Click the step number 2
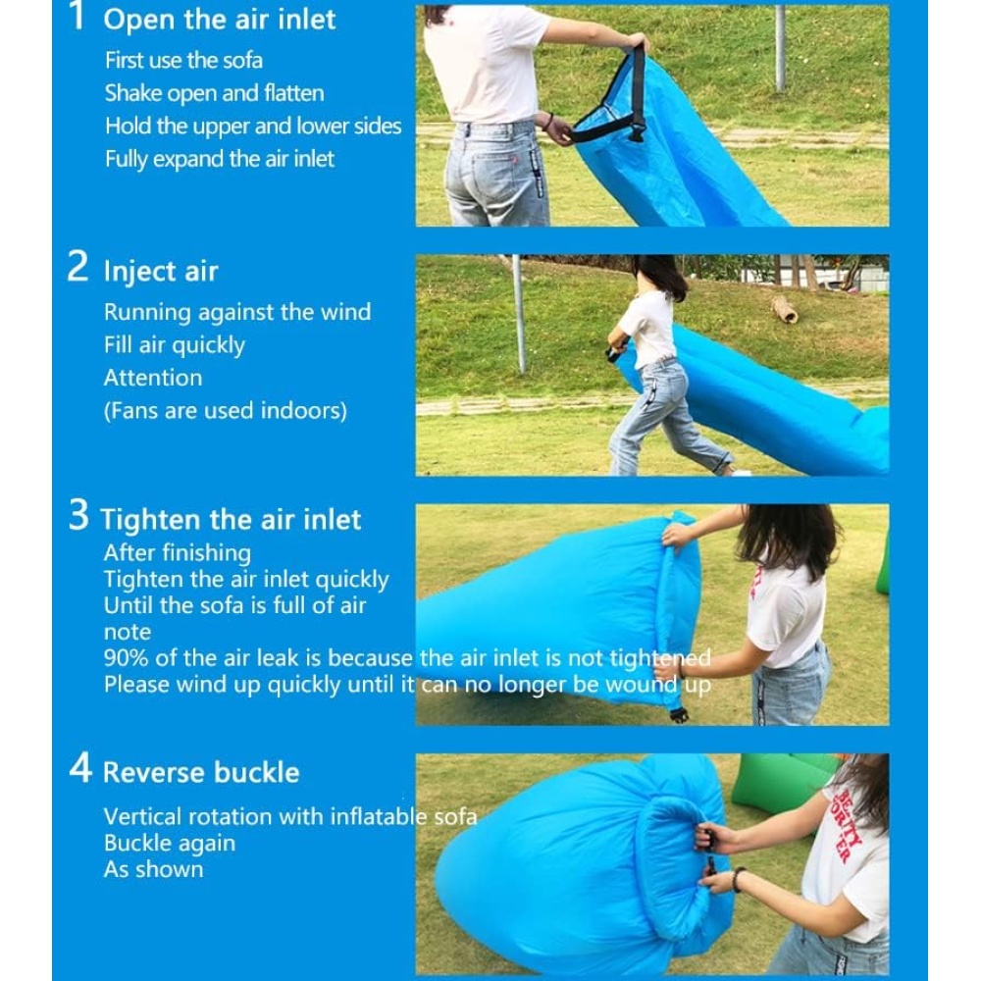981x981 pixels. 77,267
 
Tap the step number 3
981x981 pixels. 78,516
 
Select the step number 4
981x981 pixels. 80,767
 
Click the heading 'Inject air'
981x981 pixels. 161,272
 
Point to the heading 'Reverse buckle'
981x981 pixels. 201,772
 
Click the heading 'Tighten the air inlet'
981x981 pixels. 231,519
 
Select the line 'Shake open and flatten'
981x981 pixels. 214,93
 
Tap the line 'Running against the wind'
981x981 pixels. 237,312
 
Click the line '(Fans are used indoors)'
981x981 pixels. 226,411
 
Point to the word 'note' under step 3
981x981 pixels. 127,632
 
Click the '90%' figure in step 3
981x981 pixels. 127,658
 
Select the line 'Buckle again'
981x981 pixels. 170,844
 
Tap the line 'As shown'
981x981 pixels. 153,869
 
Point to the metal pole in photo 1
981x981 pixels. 780,48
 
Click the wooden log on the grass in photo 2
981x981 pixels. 784,310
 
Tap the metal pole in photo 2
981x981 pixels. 519,314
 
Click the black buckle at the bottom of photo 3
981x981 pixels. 679,714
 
